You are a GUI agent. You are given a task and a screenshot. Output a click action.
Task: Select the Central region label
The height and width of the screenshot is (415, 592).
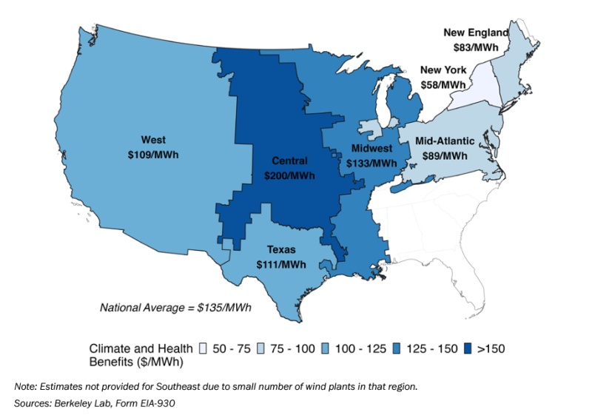point(289,161)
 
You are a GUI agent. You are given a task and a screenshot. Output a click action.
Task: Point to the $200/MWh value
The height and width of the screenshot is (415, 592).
point(289,176)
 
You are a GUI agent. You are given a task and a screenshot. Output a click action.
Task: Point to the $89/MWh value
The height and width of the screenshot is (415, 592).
point(445,155)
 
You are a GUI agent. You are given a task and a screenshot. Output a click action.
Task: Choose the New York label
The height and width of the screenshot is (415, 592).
point(443,70)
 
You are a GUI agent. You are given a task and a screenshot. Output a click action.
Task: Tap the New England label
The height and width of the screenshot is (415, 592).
point(476,33)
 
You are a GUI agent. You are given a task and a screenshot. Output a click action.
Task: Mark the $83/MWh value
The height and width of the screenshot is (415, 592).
point(476,47)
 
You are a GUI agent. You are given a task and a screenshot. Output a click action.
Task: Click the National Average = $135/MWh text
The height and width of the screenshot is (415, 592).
point(176,307)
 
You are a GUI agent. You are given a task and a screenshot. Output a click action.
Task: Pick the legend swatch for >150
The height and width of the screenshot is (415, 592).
point(469,348)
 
